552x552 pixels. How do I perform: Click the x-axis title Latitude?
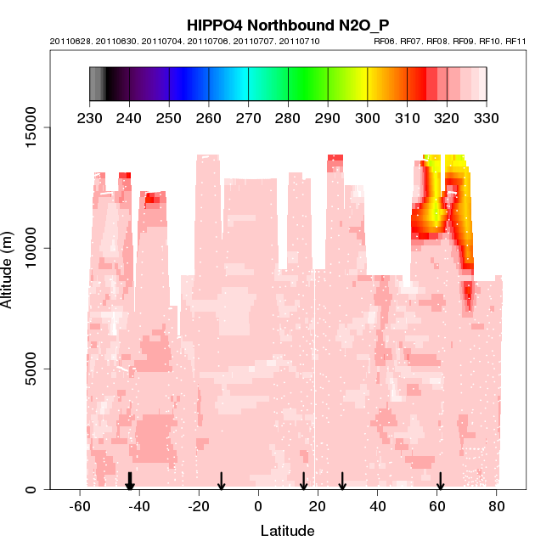point(287,532)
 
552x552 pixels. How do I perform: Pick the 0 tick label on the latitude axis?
point(258,507)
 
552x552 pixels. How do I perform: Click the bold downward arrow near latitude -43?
point(130,482)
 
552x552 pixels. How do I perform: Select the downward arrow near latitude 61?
point(440,482)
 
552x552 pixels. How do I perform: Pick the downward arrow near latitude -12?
point(222,482)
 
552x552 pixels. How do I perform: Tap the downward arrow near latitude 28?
point(342,482)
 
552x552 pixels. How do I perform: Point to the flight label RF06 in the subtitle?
point(386,41)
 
